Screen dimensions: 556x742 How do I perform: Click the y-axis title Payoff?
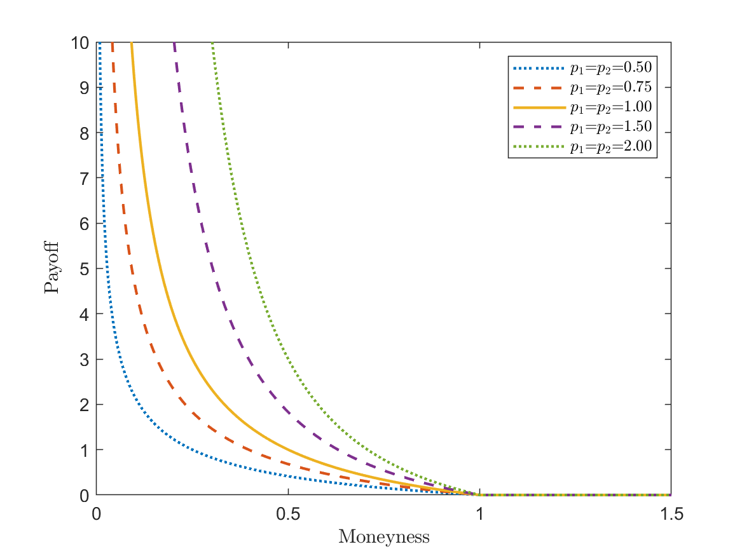pyautogui.click(x=52, y=268)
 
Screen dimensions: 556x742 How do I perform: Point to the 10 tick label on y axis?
pyautogui.click(x=79, y=43)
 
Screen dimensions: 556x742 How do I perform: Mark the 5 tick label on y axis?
pyautogui.click(x=83, y=269)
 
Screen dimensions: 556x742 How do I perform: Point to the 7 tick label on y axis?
pyautogui.click(x=83, y=179)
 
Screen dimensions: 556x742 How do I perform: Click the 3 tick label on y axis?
pyautogui.click(x=83, y=360)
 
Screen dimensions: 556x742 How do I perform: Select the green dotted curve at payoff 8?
pyautogui.click(x=221, y=132)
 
